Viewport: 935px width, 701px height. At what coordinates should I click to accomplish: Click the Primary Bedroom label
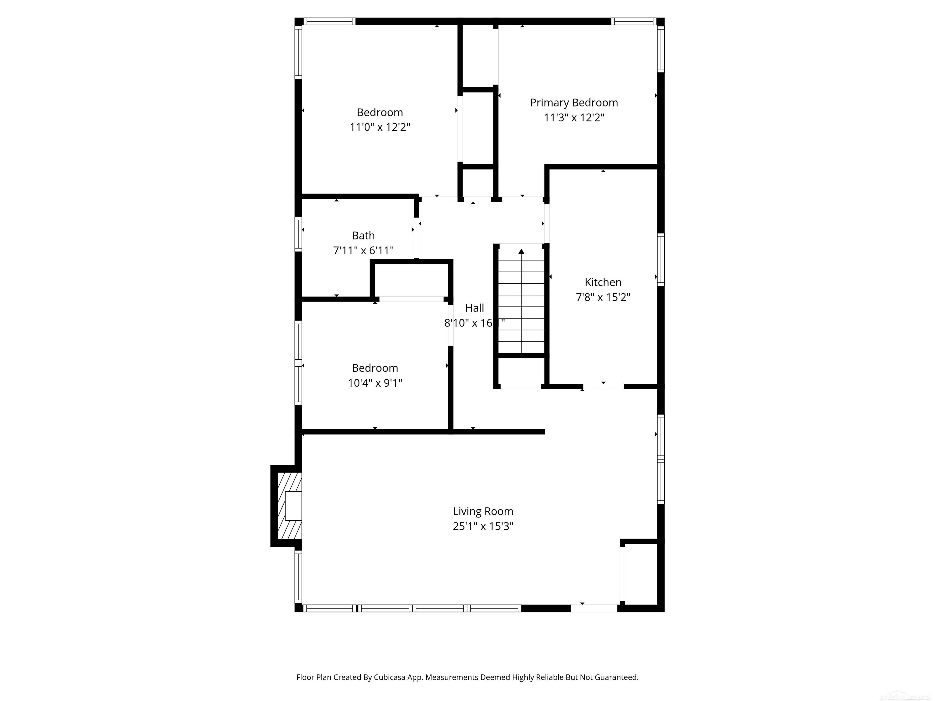(x=574, y=103)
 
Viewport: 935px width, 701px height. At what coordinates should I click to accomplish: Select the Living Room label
(x=483, y=511)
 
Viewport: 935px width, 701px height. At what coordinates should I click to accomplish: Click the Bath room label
(x=363, y=235)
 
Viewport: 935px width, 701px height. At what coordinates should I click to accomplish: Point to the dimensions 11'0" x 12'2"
(x=380, y=127)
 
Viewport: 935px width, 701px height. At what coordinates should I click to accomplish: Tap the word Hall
(x=474, y=308)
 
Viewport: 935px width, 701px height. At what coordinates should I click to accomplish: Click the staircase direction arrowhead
(x=521, y=251)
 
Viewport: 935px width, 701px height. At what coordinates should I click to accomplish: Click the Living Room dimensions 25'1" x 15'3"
(x=483, y=526)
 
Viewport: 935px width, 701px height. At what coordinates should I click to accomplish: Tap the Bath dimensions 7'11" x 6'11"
(x=363, y=251)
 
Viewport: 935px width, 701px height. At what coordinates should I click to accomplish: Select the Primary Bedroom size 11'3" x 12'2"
(x=574, y=117)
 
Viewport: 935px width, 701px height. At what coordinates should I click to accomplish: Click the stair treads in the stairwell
(x=521, y=306)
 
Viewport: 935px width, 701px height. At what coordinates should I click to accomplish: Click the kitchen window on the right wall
(x=661, y=260)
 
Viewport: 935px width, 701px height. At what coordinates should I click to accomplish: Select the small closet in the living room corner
(x=641, y=574)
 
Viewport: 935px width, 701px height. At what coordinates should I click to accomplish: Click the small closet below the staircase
(x=521, y=371)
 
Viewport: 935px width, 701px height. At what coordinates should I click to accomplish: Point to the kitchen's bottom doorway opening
(x=603, y=386)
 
